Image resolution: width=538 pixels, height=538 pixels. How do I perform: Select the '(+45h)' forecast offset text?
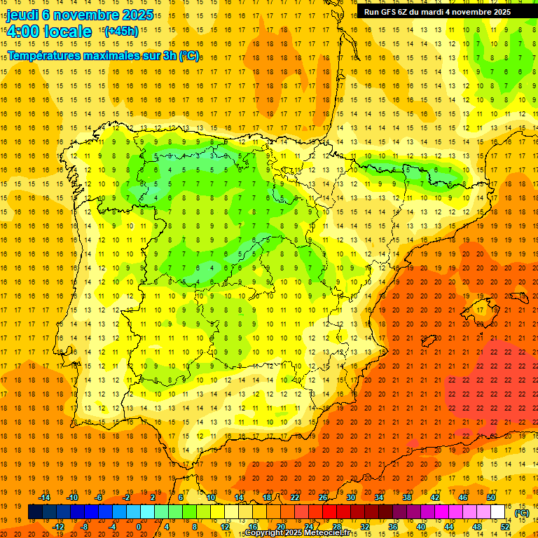pos(120,32)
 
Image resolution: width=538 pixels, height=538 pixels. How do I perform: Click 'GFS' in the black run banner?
pos(390,12)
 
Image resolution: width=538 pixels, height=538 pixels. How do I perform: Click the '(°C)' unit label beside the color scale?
pos(522,513)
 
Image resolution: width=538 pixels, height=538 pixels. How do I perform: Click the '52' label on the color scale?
pos(506,527)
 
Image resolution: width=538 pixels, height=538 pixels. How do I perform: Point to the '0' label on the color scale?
pos(139,527)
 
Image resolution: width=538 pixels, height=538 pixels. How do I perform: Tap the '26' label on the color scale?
pos(323,497)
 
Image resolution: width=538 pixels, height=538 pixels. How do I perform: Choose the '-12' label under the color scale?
pos(58,527)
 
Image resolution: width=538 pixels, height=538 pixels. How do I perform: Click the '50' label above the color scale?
pos(491,497)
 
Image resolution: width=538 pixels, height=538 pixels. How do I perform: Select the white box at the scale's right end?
pos(498,512)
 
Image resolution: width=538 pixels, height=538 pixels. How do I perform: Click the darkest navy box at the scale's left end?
pos(35,512)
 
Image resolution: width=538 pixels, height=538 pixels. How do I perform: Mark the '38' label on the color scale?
pos(407,497)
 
